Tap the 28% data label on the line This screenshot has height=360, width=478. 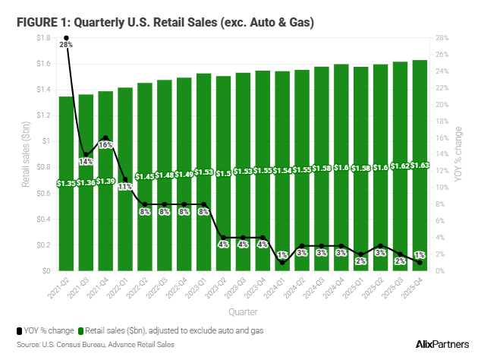click(x=66, y=46)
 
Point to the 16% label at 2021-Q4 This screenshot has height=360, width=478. click(x=105, y=144)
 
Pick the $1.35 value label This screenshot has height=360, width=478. click(x=67, y=183)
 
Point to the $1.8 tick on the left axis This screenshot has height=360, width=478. click(x=43, y=38)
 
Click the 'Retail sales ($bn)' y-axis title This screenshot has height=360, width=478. click(x=25, y=154)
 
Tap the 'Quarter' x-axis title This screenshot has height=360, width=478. click(x=244, y=311)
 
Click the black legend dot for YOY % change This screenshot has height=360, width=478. click(x=18, y=330)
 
